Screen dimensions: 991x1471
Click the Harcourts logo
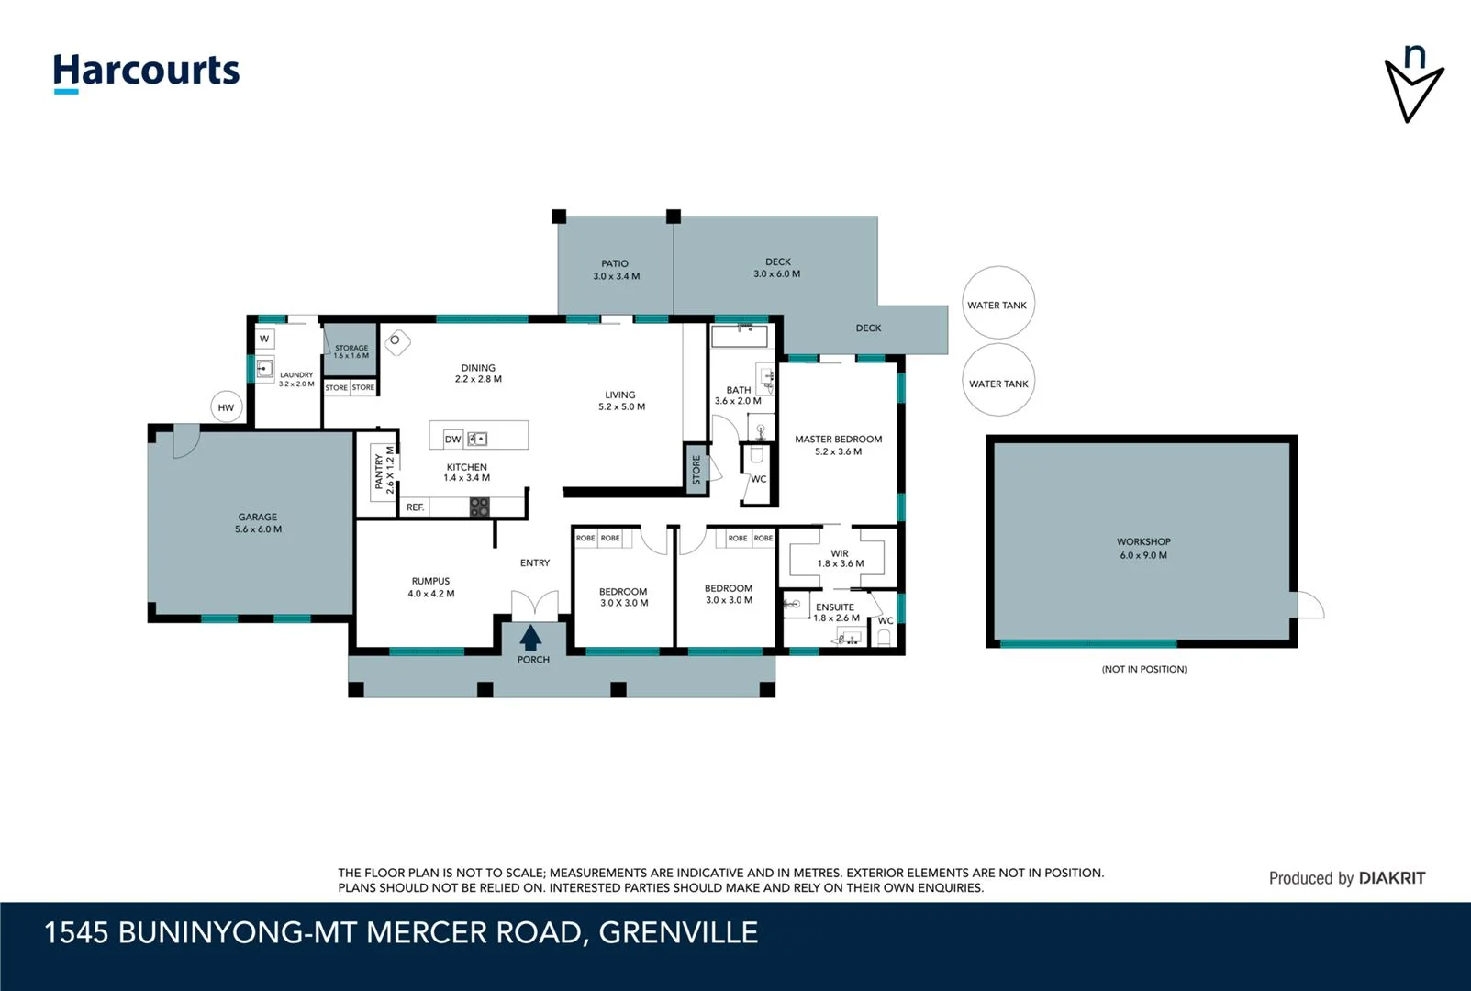coord(146,72)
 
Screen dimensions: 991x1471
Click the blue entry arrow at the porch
coord(531,638)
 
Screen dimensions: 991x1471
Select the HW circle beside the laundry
coord(227,407)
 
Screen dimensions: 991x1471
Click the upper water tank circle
coord(998,304)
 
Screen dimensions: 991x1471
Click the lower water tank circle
coord(998,382)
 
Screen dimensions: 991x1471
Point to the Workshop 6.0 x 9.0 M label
coord(1143,548)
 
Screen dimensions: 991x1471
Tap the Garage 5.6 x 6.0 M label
coord(258,523)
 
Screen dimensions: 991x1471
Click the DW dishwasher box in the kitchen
coord(453,439)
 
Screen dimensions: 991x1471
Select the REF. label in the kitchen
coord(416,507)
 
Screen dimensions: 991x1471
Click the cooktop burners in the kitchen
coord(479,507)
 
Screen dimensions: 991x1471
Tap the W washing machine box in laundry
coord(264,339)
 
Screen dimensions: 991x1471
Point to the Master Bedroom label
coord(838,445)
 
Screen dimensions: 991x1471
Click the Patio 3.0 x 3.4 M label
coord(616,270)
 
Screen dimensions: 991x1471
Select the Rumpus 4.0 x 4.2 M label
coord(430,587)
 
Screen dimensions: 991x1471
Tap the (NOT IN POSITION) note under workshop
coord(1143,669)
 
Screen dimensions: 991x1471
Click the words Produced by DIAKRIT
coord(1346,878)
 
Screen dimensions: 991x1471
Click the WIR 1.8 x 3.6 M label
coord(840,558)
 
